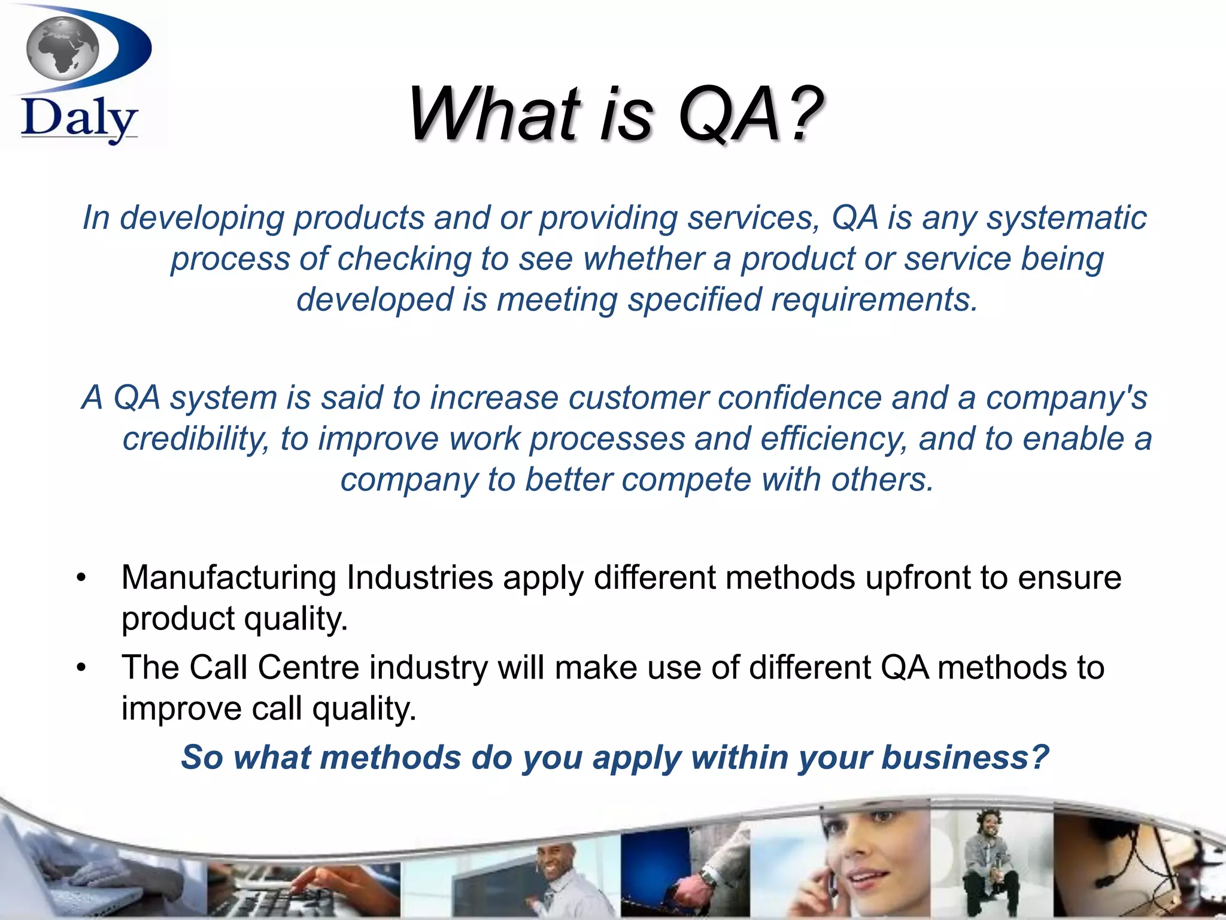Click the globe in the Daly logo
63,48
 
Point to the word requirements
874,299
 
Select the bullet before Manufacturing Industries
81,579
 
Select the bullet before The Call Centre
81,668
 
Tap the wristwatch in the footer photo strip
708,877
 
